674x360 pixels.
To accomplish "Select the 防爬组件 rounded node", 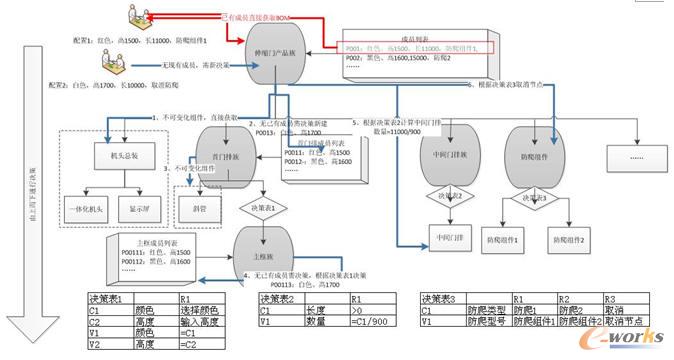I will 527,157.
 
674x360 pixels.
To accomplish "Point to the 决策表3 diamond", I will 527,197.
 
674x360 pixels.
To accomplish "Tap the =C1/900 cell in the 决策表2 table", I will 372,322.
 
